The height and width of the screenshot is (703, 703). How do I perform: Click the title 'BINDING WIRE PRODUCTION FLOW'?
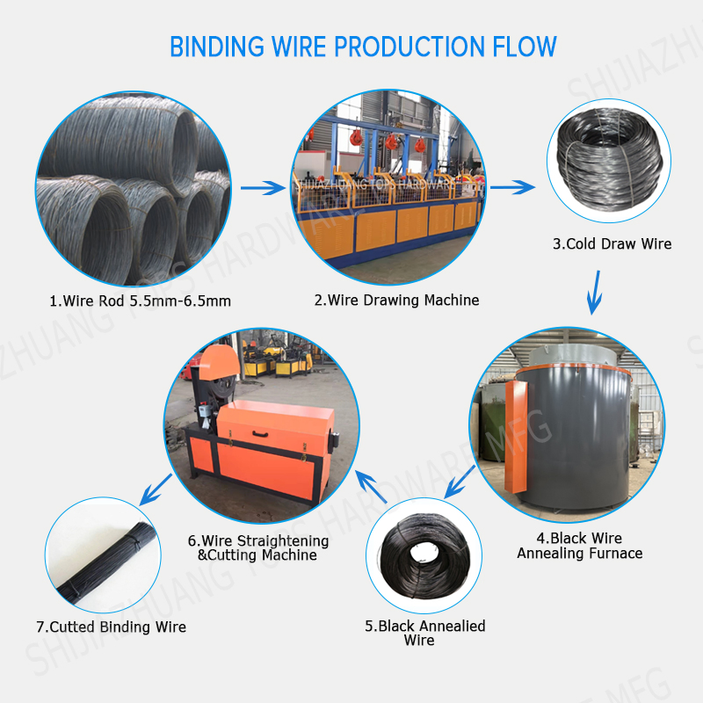363,47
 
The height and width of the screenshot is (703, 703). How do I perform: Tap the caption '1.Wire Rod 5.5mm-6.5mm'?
141,301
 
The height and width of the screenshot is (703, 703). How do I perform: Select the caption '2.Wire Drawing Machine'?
397,300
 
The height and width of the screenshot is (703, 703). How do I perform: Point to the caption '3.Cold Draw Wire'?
612,244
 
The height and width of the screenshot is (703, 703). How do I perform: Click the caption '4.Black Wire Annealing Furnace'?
580,546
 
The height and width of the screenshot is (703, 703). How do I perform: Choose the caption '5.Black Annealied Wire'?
424,633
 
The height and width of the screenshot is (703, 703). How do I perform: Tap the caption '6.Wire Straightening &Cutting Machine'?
257,547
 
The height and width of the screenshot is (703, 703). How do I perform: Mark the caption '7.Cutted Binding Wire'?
112,627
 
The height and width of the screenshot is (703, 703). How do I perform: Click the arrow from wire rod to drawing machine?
263,188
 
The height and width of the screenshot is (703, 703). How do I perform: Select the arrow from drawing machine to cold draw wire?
512,187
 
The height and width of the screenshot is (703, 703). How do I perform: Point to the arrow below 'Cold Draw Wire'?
595,293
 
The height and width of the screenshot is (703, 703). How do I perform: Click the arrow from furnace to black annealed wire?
460,482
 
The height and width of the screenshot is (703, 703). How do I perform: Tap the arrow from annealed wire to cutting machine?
371,487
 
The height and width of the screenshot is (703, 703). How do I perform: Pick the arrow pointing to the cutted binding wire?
156,489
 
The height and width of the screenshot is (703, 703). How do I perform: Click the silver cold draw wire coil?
609,160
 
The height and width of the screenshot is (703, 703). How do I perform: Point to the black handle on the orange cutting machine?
260,434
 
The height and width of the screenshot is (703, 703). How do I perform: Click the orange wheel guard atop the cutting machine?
219,362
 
